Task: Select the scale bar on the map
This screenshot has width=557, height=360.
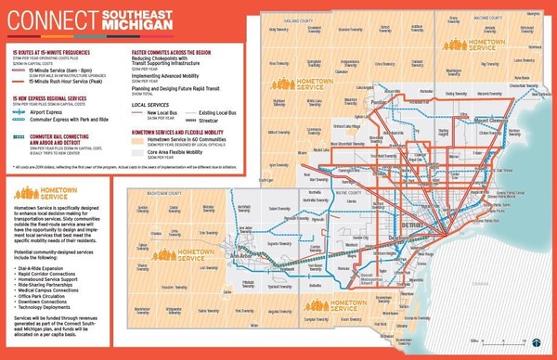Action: [x=506, y=346]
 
